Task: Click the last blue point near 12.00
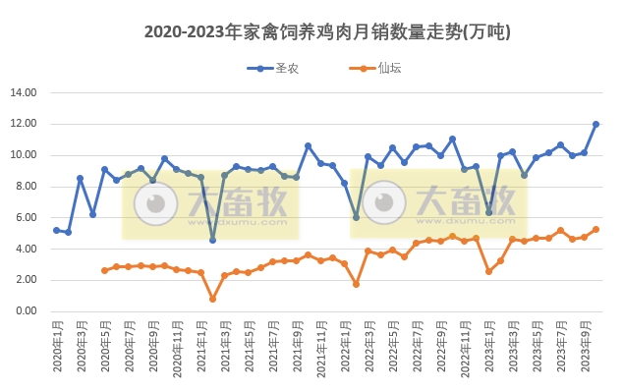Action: click(596, 125)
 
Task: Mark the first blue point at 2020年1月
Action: click(57, 231)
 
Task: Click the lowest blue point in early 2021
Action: click(212, 240)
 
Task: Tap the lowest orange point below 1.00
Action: click(212, 299)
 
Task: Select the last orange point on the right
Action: click(596, 230)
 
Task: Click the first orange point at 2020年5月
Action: click(104, 270)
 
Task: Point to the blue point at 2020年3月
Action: click(81, 179)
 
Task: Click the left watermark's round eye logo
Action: click(154, 204)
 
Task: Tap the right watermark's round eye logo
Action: click(384, 204)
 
